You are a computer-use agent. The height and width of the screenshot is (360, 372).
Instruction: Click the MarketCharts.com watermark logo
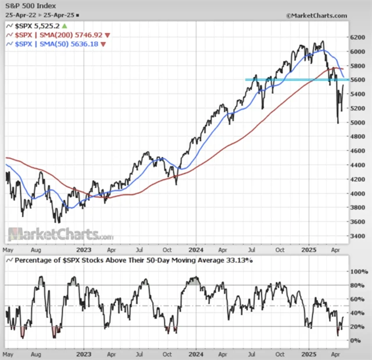point(60,235)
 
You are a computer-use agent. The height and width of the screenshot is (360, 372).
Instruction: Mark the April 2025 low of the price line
point(338,123)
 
